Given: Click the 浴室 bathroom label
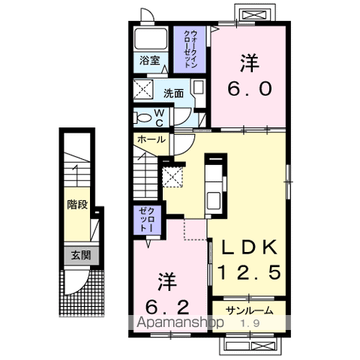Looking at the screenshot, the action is click(x=149, y=60).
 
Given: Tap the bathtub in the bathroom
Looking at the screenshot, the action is click(x=151, y=38).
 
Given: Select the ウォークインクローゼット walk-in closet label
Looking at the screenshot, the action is click(x=190, y=49).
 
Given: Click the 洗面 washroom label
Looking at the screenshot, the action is click(x=173, y=93).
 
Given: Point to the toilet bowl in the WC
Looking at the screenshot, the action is click(x=143, y=117).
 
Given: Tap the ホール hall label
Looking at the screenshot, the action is click(x=151, y=139).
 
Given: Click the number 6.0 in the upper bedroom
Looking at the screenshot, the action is click(x=250, y=89).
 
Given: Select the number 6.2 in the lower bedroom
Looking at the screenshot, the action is click(x=167, y=307).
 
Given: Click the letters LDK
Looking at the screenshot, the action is click(x=250, y=247).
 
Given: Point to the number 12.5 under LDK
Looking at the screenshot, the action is click(x=250, y=272).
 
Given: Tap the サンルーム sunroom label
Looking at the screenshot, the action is click(x=249, y=310).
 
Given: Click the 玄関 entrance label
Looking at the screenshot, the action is click(x=81, y=256).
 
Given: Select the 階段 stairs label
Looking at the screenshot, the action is click(x=77, y=205).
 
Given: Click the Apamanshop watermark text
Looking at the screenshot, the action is click(x=180, y=322).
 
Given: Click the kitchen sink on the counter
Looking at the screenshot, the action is click(x=213, y=200).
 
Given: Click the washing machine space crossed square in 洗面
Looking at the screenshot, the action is click(x=143, y=89).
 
